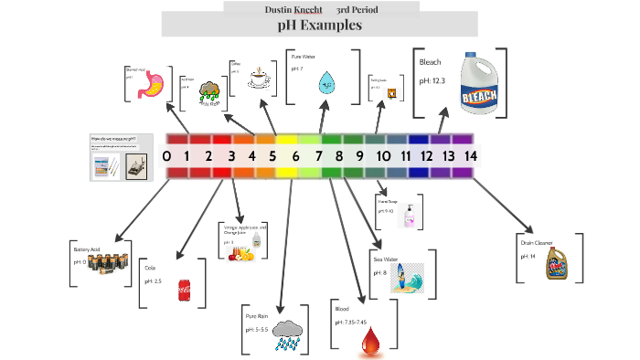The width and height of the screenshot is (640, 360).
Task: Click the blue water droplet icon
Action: point(325,84)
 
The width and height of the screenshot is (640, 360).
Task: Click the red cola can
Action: point(184,291)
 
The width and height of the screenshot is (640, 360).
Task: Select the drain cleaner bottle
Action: point(558,262)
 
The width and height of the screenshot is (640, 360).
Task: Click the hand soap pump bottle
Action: point(411,215)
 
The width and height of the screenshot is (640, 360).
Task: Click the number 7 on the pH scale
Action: point(319,156)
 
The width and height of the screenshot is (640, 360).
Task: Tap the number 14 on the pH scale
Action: point(470,156)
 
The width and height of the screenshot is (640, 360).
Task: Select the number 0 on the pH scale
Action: point(166,156)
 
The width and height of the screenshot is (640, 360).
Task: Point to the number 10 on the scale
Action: point(383,156)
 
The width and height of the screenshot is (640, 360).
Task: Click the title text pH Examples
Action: point(319,26)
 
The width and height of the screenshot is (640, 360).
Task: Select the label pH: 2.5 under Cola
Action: point(153,281)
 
